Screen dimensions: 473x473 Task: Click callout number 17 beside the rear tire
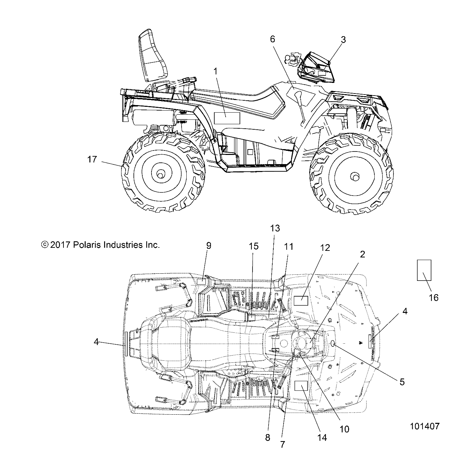tap(92, 159)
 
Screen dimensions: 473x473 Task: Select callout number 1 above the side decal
tap(215, 71)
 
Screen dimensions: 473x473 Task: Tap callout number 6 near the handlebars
tap(272, 39)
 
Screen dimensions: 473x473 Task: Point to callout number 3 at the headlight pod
tap(343, 40)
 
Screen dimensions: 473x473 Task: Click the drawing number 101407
tap(425, 426)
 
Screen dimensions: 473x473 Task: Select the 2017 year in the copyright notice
tap(60, 245)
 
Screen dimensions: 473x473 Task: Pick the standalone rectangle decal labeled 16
tap(424, 270)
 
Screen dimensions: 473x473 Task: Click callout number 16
tap(433, 298)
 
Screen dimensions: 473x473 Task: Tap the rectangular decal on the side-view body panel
tap(227, 118)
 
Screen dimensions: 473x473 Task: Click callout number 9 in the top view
tap(209, 246)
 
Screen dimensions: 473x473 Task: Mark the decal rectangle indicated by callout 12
tap(301, 301)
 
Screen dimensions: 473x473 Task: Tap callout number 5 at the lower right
tap(402, 382)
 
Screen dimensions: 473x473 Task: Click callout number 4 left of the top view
tap(97, 342)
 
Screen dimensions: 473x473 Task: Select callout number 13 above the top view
tap(275, 228)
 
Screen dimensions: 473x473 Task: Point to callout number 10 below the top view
tap(345, 429)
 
